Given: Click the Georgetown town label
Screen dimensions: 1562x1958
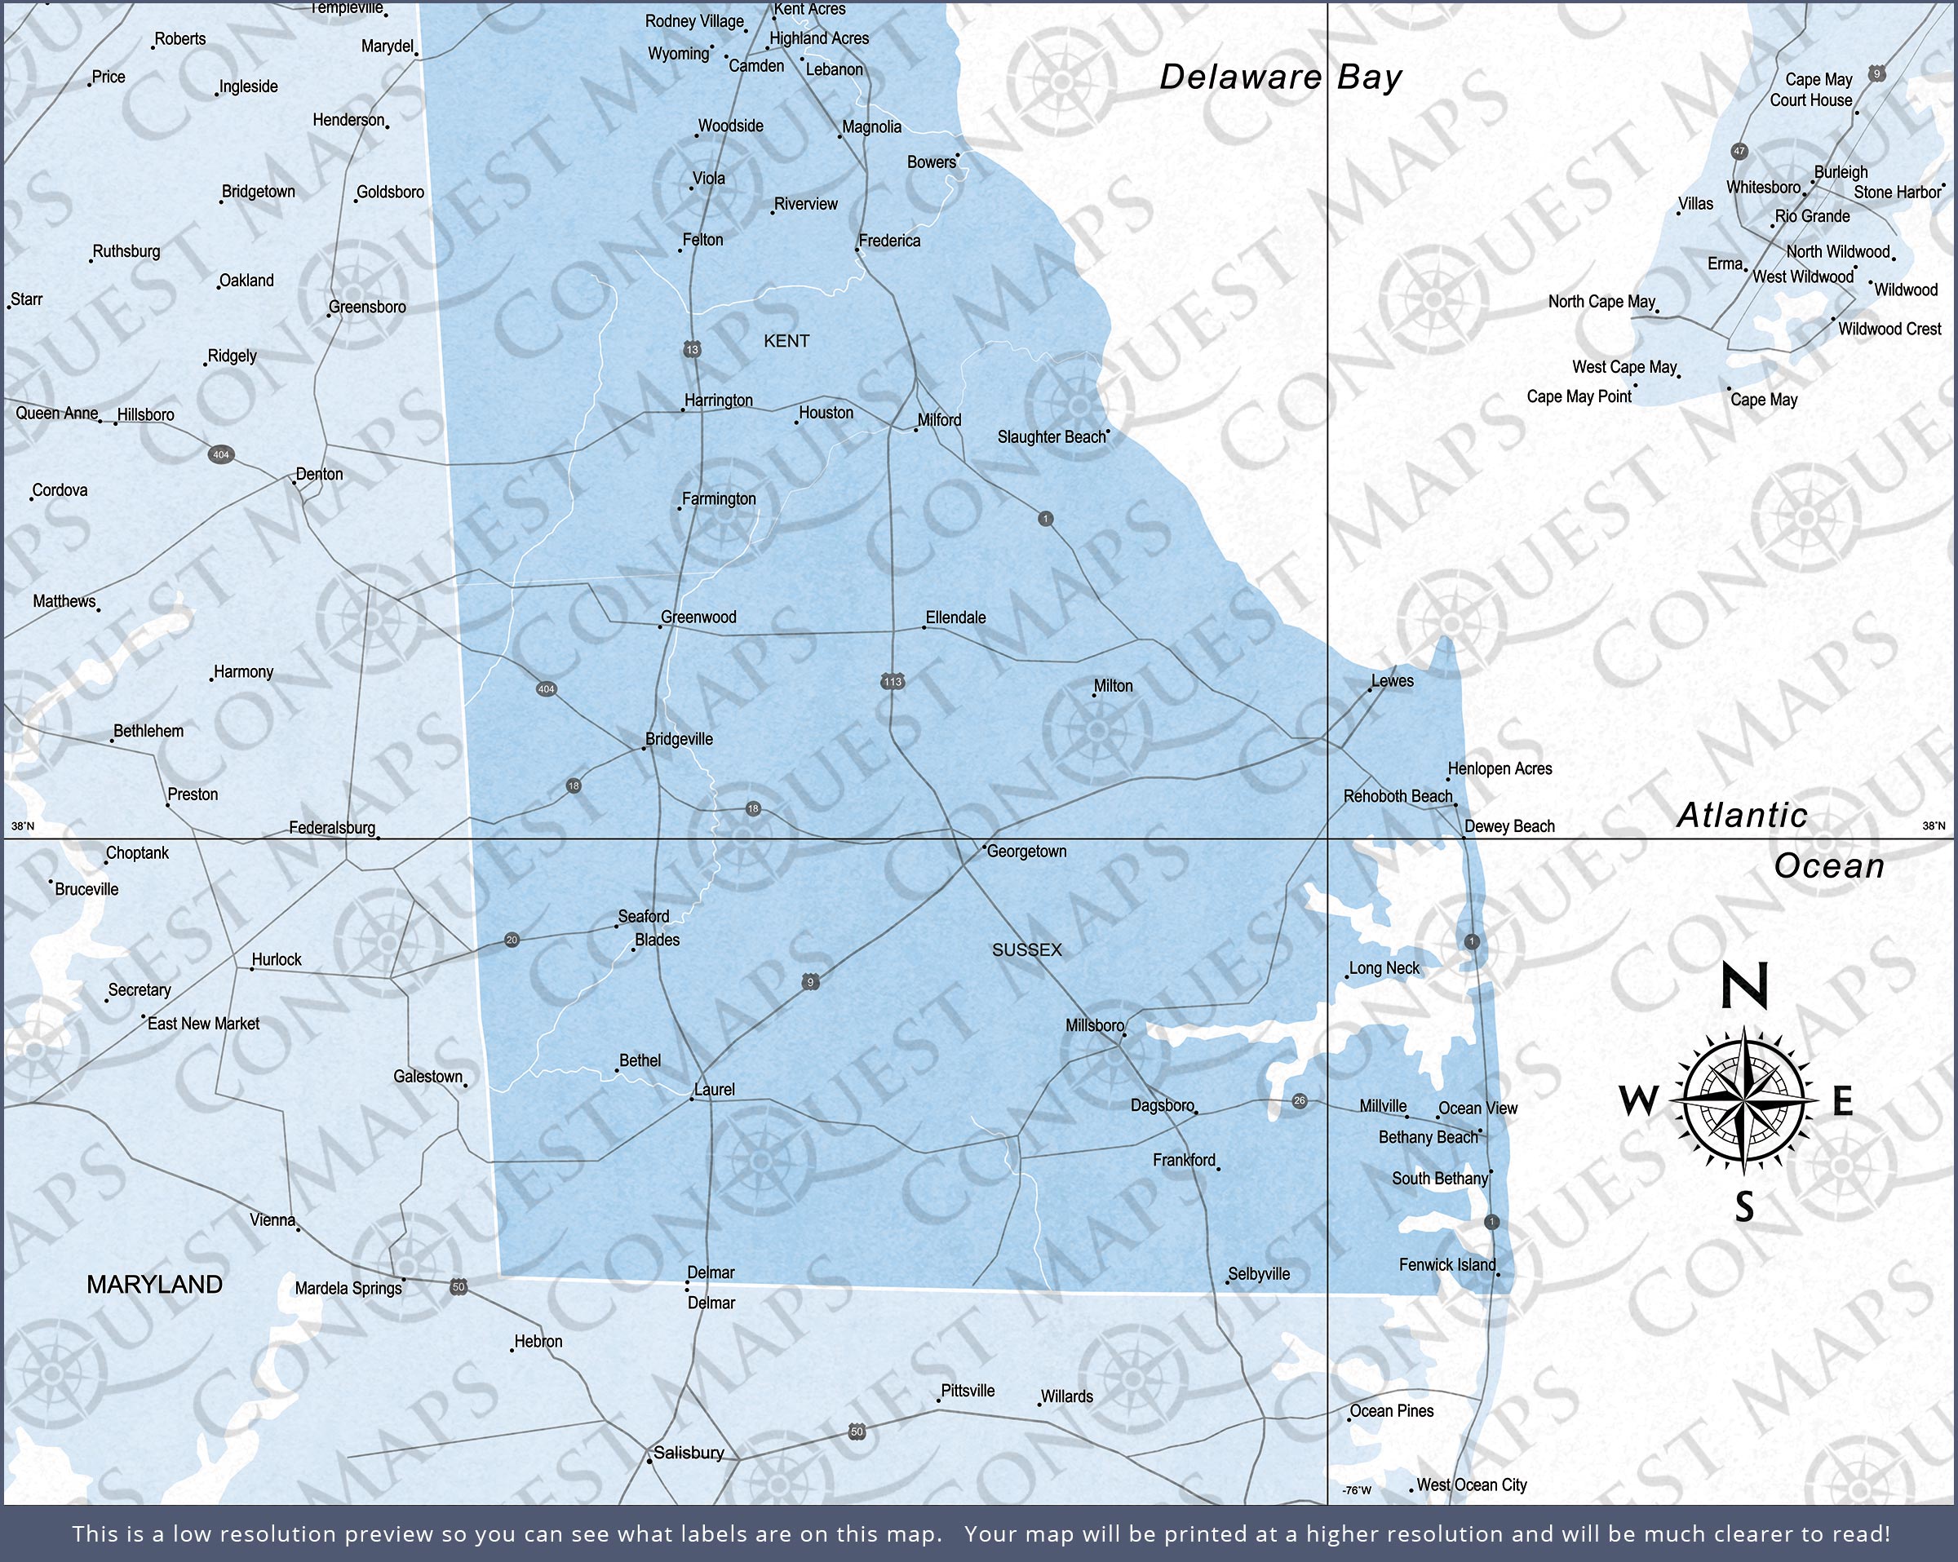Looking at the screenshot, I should pyautogui.click(x=1026, y=852).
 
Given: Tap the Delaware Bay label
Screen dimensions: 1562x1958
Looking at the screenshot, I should pyautogui.click(x=1281, y=77).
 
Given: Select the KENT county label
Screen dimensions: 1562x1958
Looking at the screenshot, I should pyautogui.click(x=786, y=342).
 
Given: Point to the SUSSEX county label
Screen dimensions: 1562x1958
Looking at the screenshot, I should pyautogui.click(x=1026, y=950).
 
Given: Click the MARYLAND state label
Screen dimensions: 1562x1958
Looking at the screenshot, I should pyautogui.click(x=154, y=1284).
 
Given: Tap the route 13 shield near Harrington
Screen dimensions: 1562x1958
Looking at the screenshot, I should pyautogui.click(x=692, y=350).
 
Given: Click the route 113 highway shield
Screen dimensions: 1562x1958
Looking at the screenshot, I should pyautogui.click(x=893, y=681).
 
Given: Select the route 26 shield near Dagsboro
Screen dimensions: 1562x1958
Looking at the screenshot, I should pyautogui.click(x=1300, y=1100).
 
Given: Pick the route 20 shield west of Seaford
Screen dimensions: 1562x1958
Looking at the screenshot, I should pyautogui.click(x=512, y=940).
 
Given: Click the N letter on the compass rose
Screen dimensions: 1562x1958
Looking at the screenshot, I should pyautogui.click(x=1744, y=985).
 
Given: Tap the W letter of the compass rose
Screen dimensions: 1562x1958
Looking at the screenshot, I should pyautogui.click(x=1638, y=1102).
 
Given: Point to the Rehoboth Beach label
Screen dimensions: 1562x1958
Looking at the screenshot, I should pyautogui.click(x=1398, y=796).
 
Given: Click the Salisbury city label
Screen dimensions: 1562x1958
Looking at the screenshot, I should pyautogui.click(x=689, y=1452).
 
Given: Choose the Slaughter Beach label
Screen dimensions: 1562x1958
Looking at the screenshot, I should pyautogui.click(x=1052, y=437).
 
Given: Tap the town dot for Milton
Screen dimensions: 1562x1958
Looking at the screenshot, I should pyautogui.click(x=1094, y=696).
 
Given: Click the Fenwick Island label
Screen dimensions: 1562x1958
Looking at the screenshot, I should pyautogui.click(x=1446, y=1264).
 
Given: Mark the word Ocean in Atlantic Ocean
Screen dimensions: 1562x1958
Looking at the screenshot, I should pyautogui.click(x=1829, y=866).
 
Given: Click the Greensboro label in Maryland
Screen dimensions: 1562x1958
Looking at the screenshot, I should pyautogui.click(x=368, y=307).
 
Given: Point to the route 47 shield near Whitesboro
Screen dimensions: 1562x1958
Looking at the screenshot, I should pyautogui.click(x=1739, y=152).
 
